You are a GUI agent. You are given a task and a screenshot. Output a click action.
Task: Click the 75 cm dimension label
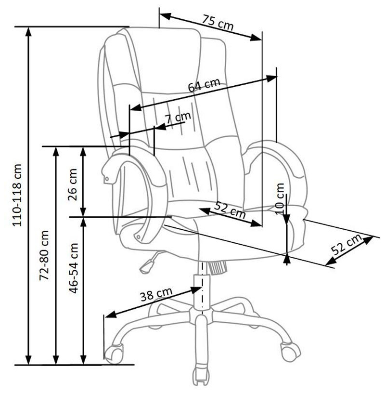pyautogui.click(x=218, y=22)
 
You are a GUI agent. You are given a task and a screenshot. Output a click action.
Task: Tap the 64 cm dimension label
pyautogui.click(x=204, y=85)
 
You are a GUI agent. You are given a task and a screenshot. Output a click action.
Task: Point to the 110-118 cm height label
pyautogui.click(x=18, y=195)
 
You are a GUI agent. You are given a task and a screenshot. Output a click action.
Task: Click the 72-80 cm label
pyautogui.click(x=44, y=255)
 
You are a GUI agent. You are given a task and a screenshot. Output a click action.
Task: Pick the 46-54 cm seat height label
pyautogui.click(x=74, y=268)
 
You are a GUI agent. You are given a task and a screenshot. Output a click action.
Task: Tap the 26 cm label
pyautogui.click(x=72, y=184)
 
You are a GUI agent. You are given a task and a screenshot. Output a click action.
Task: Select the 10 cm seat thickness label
pyautogui.click(x=280, y=199)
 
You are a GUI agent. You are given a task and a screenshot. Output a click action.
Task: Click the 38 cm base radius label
pyautogui.click(x=156, y=294)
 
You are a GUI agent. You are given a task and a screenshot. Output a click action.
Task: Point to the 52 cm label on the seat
pyautogui.click(x=230, y=210)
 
